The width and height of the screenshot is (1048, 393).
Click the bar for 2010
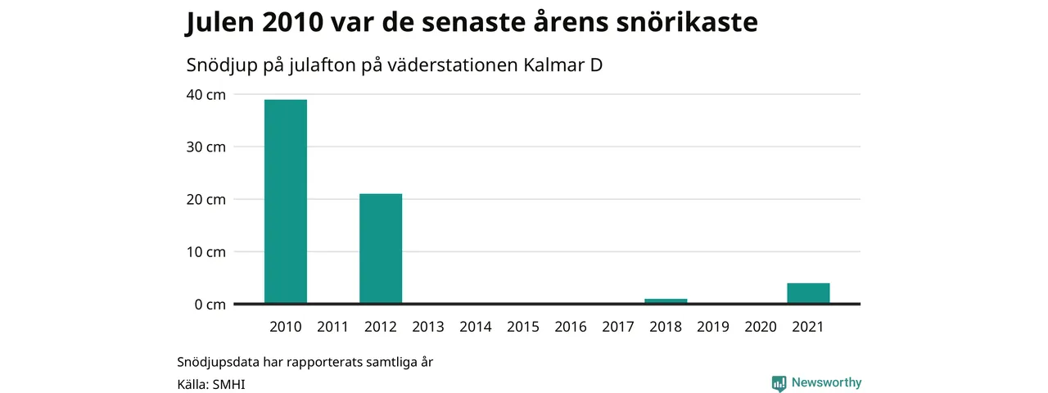click(x=286, y=201)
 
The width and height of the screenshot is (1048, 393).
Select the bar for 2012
click(x=381, y=248)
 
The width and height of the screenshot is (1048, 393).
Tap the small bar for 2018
click(x=666, y=300)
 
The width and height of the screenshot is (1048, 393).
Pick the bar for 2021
click(x=808, y=293)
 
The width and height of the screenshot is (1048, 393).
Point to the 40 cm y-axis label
click(x=206, y=94)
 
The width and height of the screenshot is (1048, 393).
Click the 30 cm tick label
click(x=206, y=147)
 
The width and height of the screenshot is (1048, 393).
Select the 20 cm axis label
click(x=206, y=199)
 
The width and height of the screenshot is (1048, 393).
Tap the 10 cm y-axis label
click(x=206, y=251)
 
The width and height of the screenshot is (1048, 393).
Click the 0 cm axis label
click(x=210, y=305)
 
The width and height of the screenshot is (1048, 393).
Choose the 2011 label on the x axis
click(x=332, y=327)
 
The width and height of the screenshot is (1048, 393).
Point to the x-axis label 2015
click(x=523, y=327)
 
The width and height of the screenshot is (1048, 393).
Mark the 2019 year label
click(x=713, y=327)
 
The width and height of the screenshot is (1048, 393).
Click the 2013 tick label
click(x=428, y=327)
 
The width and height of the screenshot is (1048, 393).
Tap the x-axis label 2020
click(x=761, y=327)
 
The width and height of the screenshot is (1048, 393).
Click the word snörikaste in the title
click(x=687, y=21)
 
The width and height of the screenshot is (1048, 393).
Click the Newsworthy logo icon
click(x=779, y=382)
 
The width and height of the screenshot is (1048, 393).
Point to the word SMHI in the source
click(x=228, y=385)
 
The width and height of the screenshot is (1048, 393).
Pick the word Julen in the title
click(x=220, y=22)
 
